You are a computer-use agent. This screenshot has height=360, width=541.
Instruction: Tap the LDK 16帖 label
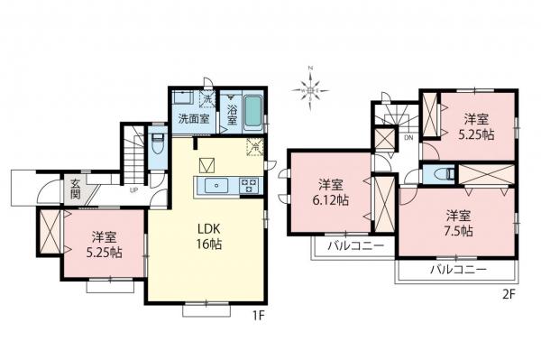coord(210,236)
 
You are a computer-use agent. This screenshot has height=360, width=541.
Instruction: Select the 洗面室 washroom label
coord(192,118)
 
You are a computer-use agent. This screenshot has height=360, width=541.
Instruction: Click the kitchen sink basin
coord(217,185)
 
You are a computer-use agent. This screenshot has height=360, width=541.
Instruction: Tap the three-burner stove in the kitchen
coord(248,185)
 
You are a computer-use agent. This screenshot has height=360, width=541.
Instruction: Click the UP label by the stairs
coord(134,190)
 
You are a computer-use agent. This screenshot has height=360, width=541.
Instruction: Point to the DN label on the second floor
coord(408,138)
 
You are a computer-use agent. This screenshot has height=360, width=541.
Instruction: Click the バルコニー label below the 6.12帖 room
coord(355,245)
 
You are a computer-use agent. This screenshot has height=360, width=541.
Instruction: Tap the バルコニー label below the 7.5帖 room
coord(457,270)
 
